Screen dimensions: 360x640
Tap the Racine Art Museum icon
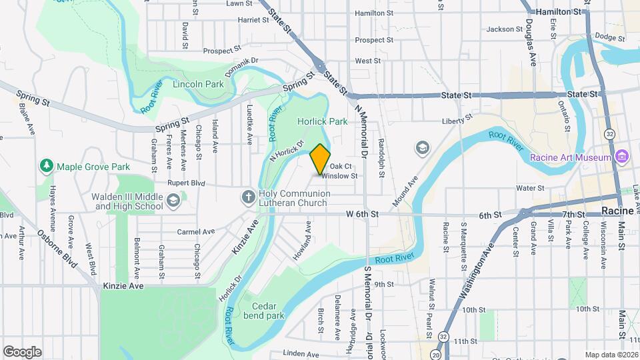pyautogui.click(x=622, y=157)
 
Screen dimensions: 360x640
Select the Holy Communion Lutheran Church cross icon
pyautogui.click(x=248, y=195)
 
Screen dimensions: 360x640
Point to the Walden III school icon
pyautogui.click(x=173, y=200)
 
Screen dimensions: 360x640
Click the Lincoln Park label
pyautogui.click(x=198, y=85)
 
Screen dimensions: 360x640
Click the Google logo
pyautogui.click(x=22, y=352)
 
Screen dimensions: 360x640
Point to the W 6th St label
pyautogui.click(x=362, y=215)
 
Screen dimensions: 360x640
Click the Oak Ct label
pyautogui.click(x=340, y=166)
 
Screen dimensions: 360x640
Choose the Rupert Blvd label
pyautogui.click(x=185, y=183)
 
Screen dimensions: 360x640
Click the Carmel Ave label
pyautogui.click(x=195, y=232)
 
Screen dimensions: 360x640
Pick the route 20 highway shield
pyautogui.click(x=435, y=355)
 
